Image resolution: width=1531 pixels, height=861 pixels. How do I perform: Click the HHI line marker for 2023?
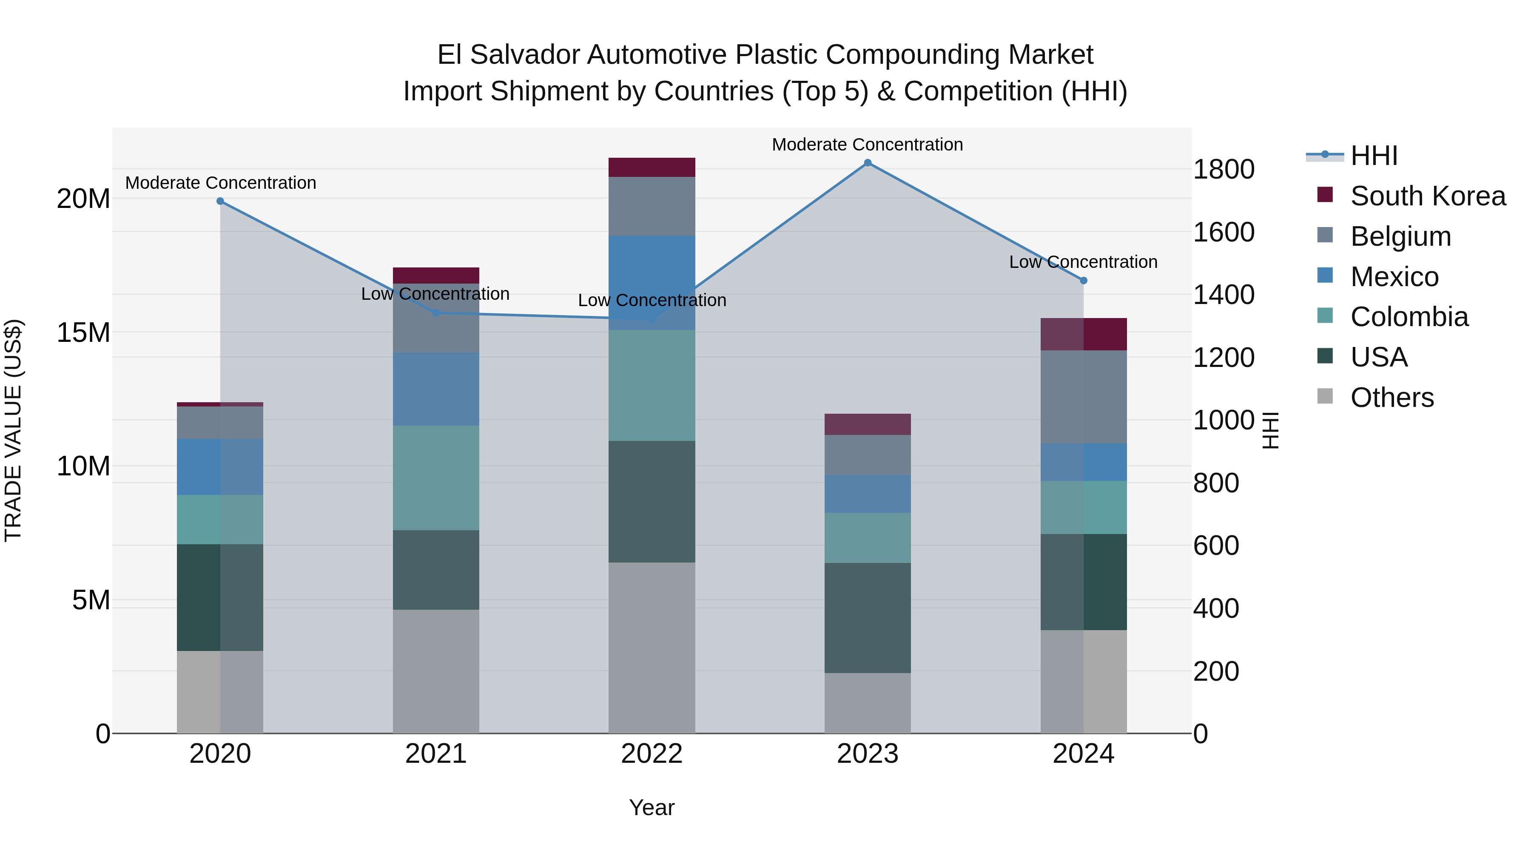[867, 163]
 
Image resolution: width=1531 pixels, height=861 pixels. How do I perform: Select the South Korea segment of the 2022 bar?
[652, 168]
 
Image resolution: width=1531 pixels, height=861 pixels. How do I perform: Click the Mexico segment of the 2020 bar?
[220, 467]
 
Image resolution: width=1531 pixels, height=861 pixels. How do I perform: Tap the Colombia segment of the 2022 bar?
[652, 386]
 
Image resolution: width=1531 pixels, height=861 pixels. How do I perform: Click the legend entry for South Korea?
[1428, 196]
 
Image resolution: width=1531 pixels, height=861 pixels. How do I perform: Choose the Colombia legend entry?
[1409, 317]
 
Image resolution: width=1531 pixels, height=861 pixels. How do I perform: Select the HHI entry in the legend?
[1374, 156]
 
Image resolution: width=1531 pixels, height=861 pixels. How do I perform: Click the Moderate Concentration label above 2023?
[867, 145]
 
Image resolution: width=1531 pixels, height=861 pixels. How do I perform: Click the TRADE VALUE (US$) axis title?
[13, 430]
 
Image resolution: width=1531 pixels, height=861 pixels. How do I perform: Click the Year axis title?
[652, 807]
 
